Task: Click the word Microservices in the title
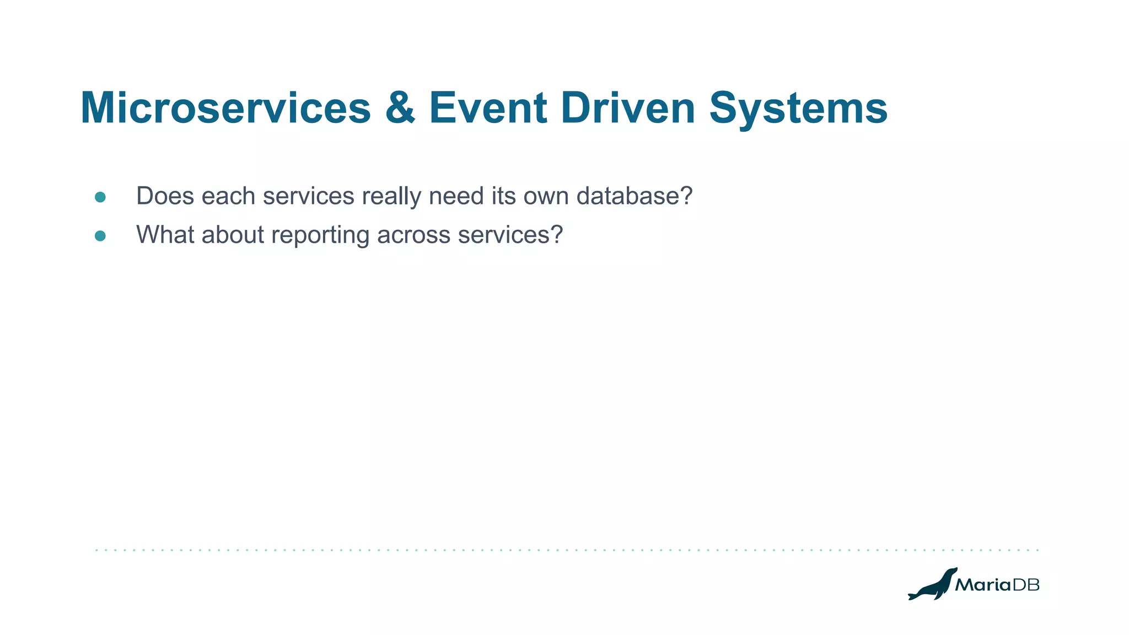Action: pyautogui.click(x=225, y=108)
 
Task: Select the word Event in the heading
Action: pyautogui.click(x=488, y=108)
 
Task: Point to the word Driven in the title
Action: pyautogui.click(x=628, y=108)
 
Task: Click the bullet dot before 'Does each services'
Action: pyautogui.click(x=100, y=197)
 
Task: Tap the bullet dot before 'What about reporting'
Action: pyautogui.click(x=100, y=236)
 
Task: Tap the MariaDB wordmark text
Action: pyautogui.click(x=997, y=585)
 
